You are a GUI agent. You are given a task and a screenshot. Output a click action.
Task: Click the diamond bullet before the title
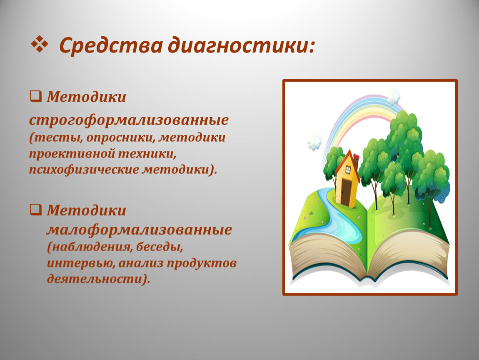click(x=40, y=44)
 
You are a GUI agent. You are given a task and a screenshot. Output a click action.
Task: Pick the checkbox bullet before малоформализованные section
click(x=35, y=209)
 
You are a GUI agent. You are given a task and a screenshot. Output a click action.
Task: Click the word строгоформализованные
click(x=129, y=120)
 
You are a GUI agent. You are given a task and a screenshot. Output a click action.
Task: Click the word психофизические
click(x=84, y=170)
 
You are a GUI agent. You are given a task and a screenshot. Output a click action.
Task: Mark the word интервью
click(x=81, y=263)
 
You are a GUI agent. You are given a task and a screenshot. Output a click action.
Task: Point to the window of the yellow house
click(x=348, y=170)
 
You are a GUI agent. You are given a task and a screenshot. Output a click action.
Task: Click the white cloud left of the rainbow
click(x=314, y=142)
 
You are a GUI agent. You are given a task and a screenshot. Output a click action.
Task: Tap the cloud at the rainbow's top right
click(x=393, y=97)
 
